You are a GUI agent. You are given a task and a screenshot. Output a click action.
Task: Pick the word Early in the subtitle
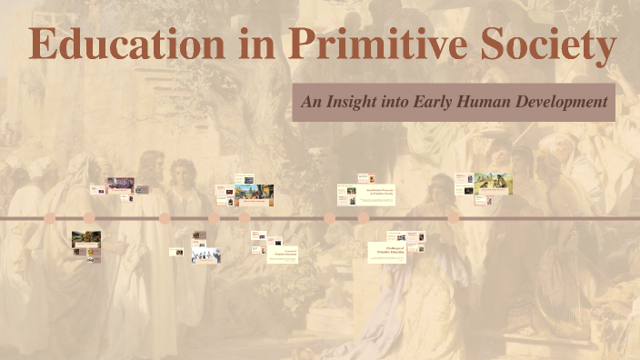pyautogui.click(x=440, y=102)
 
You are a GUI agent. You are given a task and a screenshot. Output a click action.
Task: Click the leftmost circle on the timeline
pyautogui.click(x=50, y=218)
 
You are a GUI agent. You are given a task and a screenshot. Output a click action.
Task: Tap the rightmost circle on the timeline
pyautogui.click(x=454, y=218)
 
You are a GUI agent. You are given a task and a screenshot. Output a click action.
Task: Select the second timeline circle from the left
pyautogui.click(x=89, y=218)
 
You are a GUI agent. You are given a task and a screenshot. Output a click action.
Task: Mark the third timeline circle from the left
pyautogui.click(x=165, y=218)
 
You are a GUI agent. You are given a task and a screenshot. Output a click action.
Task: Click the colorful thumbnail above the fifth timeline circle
pyautogui.click(x=255, y=194)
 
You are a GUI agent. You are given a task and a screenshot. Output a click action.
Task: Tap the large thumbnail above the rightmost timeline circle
pyautogui.click(x=493, y=183)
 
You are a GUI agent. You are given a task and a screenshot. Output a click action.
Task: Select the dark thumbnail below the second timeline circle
pyautogui.click(x=85, y=240)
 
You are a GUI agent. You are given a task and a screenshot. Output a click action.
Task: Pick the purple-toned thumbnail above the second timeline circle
pyautogui.click(x=120, y=184)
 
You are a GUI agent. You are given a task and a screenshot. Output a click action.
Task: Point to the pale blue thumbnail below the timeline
pyautogui.click(x=205, y=255)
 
